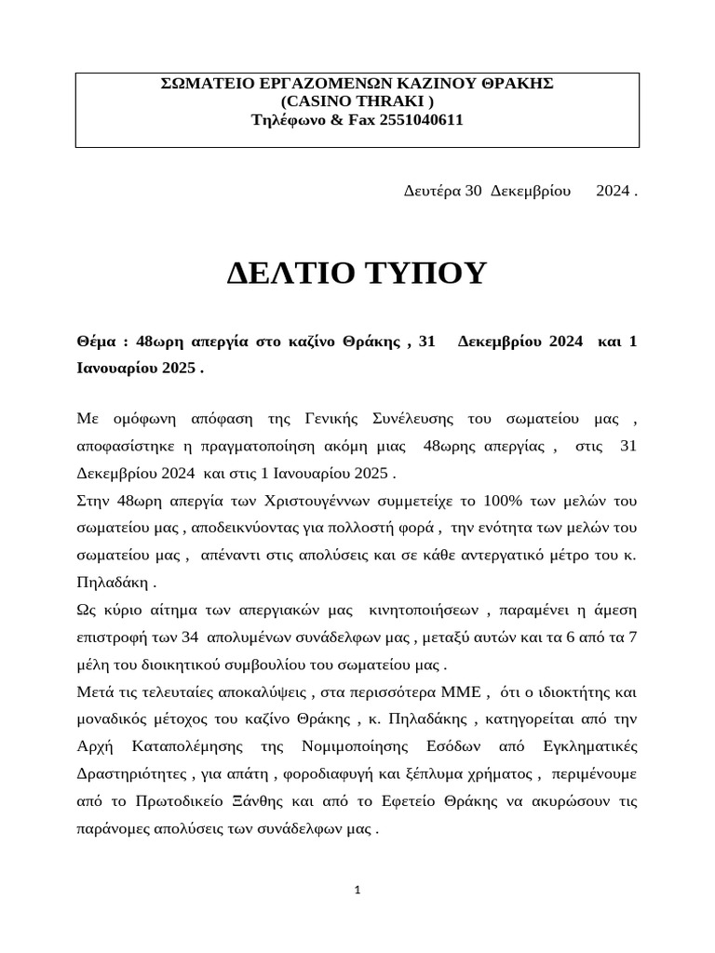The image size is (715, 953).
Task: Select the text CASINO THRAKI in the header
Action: (357, 101)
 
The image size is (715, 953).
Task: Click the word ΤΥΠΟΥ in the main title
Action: (427, 274)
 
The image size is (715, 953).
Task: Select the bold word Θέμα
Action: (97, 342)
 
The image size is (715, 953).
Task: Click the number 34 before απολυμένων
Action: (190, 638)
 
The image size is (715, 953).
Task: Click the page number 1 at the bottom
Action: (357, 891)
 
